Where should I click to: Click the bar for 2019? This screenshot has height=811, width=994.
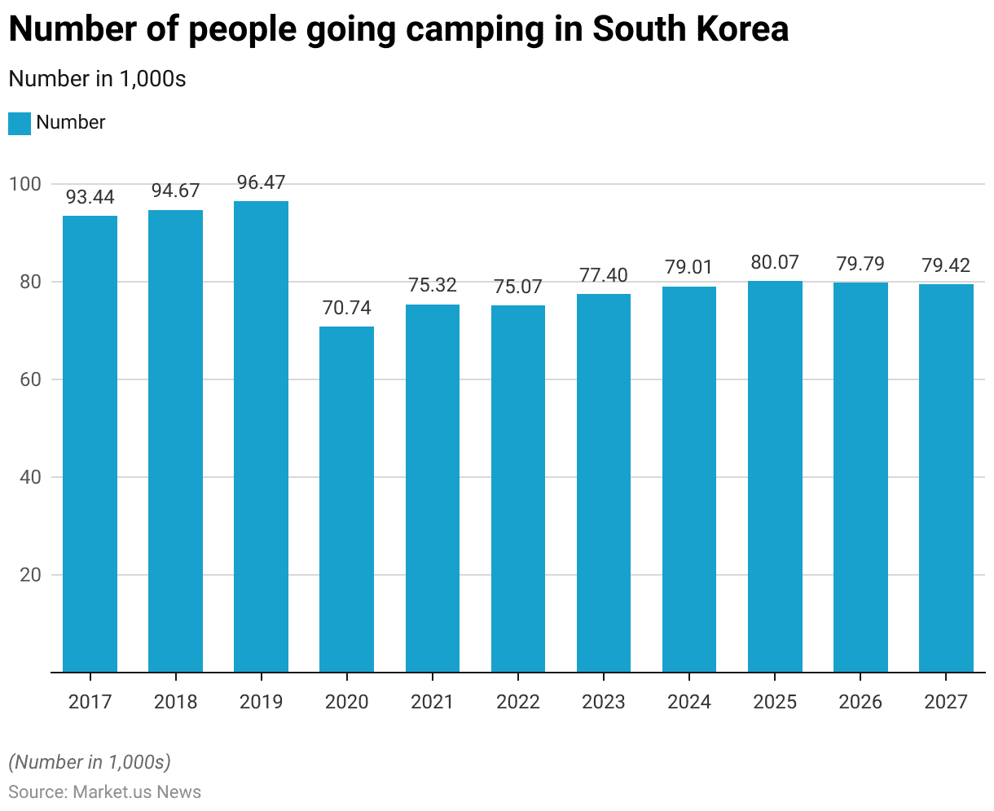tap(261, 436)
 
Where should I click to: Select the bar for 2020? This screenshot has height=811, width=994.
tap(346, 499)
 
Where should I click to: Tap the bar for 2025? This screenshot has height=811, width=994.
tap(775, 476)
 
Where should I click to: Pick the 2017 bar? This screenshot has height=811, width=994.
tap(90, 444)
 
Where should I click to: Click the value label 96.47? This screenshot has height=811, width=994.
tap(261, 182)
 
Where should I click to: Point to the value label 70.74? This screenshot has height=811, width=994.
tap(346, 308)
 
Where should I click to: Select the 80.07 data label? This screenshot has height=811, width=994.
tap(775, 262)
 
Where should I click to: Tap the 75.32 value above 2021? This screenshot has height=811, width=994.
tap(432, 285)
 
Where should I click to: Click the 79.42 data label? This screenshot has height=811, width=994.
tap(946, 265)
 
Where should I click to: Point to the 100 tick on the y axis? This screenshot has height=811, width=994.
tap(25, 184)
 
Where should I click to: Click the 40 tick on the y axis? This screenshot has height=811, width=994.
tap(30, 477)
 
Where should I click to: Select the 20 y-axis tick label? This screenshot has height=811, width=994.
tap(30, 575)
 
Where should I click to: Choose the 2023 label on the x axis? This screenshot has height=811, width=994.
tap(604, 702)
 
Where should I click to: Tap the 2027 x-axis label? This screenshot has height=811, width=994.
tap(946, 702)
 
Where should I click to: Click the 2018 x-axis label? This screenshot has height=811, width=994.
tap(175, 702)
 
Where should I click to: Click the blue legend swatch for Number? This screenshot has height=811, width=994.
tap(20, 124)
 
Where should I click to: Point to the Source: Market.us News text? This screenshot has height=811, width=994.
tap(105, 792)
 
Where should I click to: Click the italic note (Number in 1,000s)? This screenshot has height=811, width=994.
tap(90, 762)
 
